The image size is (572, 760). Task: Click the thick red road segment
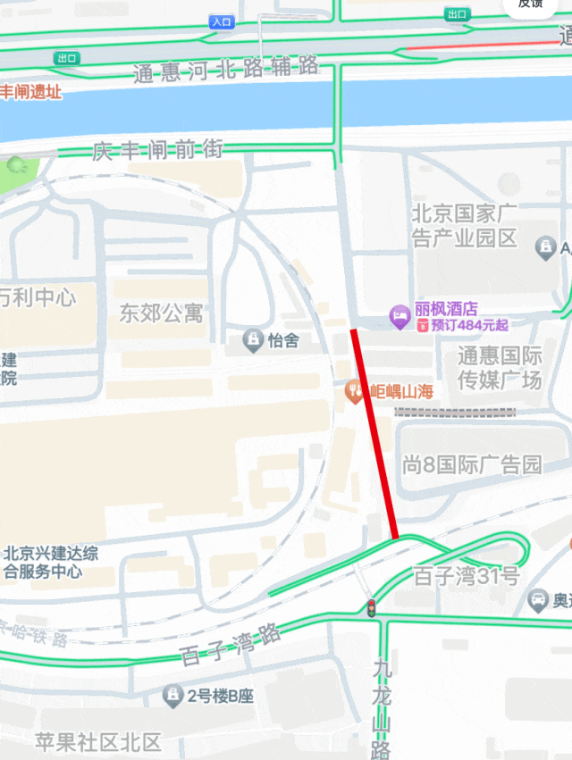(375, 433)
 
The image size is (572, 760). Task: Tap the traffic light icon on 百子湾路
(370, 608)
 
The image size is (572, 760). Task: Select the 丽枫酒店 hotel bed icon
(400, 315)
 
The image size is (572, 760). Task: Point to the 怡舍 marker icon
(253, 340)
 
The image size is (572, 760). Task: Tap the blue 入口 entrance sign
(222, 21)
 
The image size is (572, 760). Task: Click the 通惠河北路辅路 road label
(226, 69)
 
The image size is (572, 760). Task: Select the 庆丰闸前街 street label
(157, 150)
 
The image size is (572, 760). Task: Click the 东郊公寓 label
(161, 313)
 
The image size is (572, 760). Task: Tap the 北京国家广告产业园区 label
(465, 226)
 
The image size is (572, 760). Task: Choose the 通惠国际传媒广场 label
(500, 367)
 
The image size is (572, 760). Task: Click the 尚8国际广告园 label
(472, 464)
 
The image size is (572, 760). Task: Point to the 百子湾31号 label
(466, 576)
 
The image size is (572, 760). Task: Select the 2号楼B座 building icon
(172, 695)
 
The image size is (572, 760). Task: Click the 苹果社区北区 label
(98, 741)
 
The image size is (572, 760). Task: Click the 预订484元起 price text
(470, 325)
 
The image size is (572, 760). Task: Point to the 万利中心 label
(38, 296)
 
